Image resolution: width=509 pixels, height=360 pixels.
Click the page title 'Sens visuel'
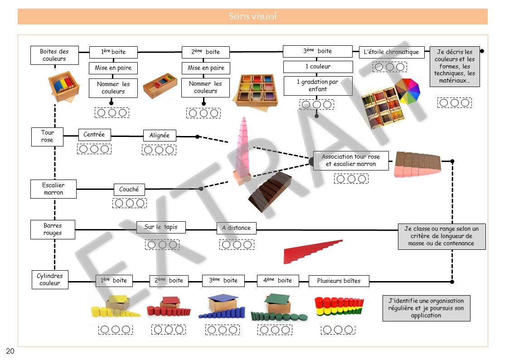(252, 17)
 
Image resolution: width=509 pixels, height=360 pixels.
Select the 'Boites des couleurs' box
(54, 55)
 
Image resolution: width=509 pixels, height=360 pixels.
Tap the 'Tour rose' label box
(47, 136)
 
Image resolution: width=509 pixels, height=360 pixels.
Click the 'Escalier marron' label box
(53, 189)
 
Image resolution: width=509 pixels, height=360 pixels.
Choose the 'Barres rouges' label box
(53, 229)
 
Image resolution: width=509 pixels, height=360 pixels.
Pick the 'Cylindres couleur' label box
(50, 280)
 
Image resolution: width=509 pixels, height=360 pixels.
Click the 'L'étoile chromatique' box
(392, 52)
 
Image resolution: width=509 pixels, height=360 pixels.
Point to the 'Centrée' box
(94, 135)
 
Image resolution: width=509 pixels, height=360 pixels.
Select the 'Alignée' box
(159, 136)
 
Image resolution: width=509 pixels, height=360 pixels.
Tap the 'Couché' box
(129, 190)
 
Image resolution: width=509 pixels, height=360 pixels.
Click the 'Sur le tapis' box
(161, 227)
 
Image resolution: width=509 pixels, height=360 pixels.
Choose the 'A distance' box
(236, 228)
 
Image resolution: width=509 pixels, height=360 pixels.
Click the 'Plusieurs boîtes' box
(339, 281)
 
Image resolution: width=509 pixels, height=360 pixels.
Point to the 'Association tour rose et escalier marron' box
(351, 161)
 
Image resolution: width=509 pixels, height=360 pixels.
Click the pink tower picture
(244, 150)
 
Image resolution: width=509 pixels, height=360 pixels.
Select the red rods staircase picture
(313, 251)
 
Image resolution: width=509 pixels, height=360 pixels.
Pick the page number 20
(10, 351)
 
